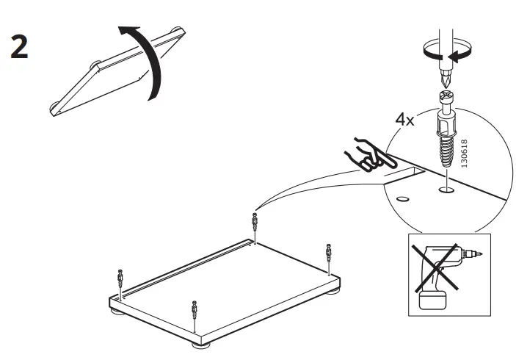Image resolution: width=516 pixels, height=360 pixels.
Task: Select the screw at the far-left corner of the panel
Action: (x=120, y=281)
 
